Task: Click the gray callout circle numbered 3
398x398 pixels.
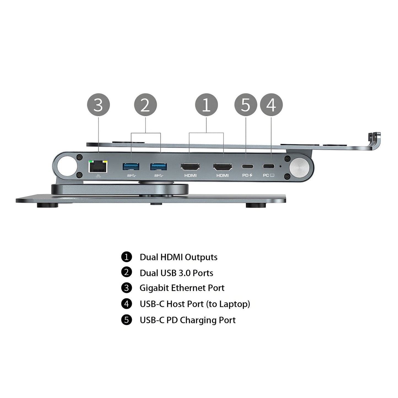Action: pyautogui.click(x=98, y=105)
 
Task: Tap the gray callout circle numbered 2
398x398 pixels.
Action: pyautogui.click(x=145, y=105)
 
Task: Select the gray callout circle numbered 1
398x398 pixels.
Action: pyautogui.click(x=206, y=105)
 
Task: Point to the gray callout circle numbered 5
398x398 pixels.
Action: pyautogui.click(x=245, y=105)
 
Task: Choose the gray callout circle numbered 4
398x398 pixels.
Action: pyautogui.click(x=271, y=105)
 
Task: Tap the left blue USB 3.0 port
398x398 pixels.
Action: pyautogui.click(x=131, y=167)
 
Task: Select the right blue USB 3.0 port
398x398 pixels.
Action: pyautogui.click(x=159, y=167)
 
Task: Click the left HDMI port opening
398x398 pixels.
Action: pyautogui.click(x=190, y=167)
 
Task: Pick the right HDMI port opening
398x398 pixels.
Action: pyautogui.click(x=223, y=167)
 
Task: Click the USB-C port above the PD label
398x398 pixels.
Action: pyautogui.click(x=247, y=166)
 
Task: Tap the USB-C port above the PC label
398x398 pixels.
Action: pyautogui.click(x=268, y=166)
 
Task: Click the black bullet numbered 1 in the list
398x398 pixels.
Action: pyautogui.click(x=126, y=257)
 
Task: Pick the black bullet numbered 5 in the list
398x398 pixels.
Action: pyautogui.click(x=126, y=320)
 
